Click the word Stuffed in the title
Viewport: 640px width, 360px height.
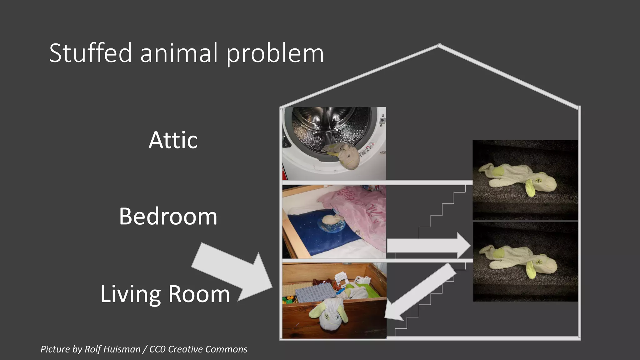click(x=91, y=53)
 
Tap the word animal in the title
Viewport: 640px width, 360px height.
click(x=179, y=53)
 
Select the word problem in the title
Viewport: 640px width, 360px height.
click(x=275, y=54)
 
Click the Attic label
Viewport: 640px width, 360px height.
click(x=173, y=140)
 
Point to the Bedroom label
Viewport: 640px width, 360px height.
click(x=168, y=216)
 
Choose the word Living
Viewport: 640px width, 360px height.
click(x=131, y=294)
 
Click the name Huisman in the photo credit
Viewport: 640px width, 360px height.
click(x=122, y=349)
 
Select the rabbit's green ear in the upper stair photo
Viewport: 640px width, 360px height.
click(x=530, y=187)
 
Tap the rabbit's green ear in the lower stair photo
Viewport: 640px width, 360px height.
click(x=531, y=269)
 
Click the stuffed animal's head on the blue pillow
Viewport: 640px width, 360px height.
click(x=329, y=220)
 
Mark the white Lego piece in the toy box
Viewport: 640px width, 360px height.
click(x=342, y=278)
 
